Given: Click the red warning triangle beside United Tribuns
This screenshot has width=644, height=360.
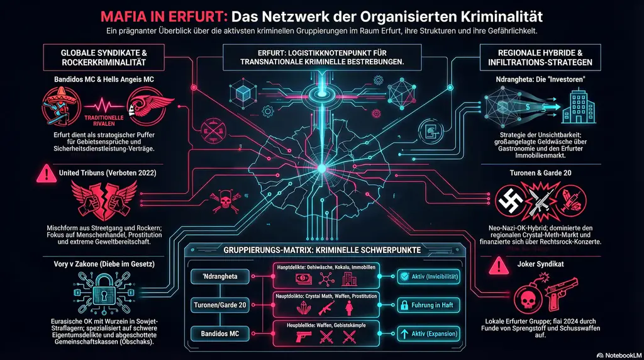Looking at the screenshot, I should (x=45, y=172).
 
